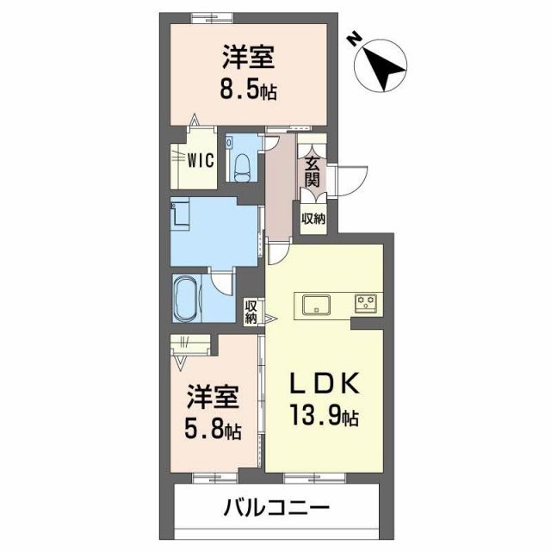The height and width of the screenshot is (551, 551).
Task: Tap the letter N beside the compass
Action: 354,39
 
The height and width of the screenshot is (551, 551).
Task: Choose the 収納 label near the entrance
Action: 313,219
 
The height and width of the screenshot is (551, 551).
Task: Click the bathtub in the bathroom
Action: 185,298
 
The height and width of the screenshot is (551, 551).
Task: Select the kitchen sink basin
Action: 314,302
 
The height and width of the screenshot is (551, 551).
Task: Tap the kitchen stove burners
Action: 367,302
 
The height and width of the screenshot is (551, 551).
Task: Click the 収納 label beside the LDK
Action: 251,310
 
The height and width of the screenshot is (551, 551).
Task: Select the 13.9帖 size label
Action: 323,418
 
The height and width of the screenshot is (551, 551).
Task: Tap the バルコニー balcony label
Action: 277,507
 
